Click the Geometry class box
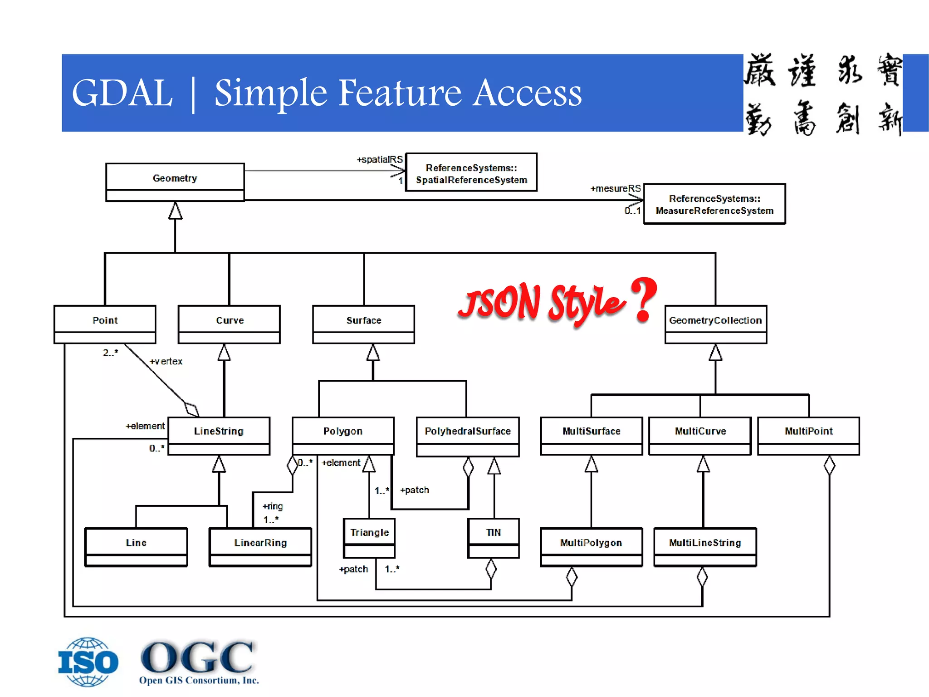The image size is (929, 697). tap(175, 182)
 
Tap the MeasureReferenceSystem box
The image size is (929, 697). tap(714, 204)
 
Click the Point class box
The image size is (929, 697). tap(105, 324)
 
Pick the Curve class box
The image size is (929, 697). tap(229, 324)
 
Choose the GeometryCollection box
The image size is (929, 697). tap(715, 324)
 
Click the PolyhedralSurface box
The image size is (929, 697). tap(467, 436)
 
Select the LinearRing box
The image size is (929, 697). tap(260, 547)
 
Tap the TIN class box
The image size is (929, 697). tap(493, 538)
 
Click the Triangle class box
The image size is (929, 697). tap(369, 538)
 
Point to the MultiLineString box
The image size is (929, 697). tap(705, 547)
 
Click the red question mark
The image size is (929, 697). tap(644, 299)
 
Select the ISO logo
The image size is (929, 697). tap(88, 662)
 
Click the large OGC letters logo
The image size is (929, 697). tap(198, 657)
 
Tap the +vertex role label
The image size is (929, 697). tap(166, 361)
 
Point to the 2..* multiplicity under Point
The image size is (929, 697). tap(110, 353)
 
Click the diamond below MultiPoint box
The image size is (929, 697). tap(829, 466)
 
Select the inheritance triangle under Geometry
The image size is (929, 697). tap(175, 211)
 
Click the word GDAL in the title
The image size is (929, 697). tap(122, 93)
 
